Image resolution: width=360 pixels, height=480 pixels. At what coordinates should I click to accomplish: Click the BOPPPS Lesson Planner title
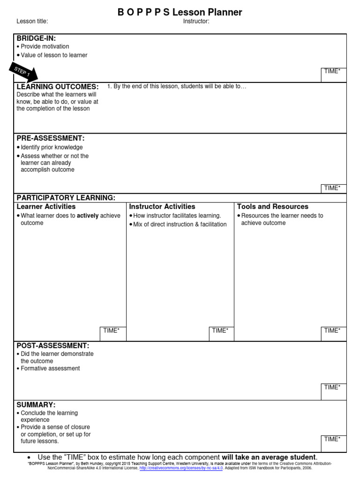180,12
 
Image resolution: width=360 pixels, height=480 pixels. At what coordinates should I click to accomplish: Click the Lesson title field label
32,21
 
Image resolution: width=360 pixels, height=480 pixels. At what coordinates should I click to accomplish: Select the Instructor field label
196,21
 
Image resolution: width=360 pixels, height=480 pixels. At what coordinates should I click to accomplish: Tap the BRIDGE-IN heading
36,38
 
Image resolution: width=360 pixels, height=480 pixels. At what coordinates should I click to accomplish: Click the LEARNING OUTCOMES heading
58,87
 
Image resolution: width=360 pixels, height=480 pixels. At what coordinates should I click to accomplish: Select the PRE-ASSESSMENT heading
51,138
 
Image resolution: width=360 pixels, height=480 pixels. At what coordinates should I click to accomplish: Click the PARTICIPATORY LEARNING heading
66,198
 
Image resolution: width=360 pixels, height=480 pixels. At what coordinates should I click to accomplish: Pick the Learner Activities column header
46,207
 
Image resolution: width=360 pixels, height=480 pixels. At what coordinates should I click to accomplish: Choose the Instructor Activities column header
162,207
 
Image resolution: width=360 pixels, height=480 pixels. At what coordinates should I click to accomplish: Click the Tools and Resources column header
273,207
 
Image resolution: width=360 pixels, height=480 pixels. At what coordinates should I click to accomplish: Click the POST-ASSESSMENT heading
52,345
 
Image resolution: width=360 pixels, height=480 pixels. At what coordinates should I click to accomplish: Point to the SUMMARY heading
36,405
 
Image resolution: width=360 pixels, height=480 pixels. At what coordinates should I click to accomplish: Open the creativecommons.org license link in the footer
181,468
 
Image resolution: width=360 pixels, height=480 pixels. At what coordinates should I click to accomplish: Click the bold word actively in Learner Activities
88,216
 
